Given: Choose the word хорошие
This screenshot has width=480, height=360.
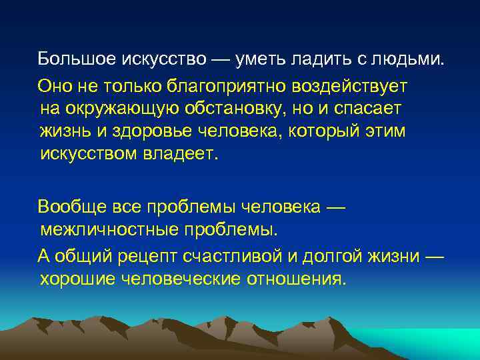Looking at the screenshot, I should (77, 279).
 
